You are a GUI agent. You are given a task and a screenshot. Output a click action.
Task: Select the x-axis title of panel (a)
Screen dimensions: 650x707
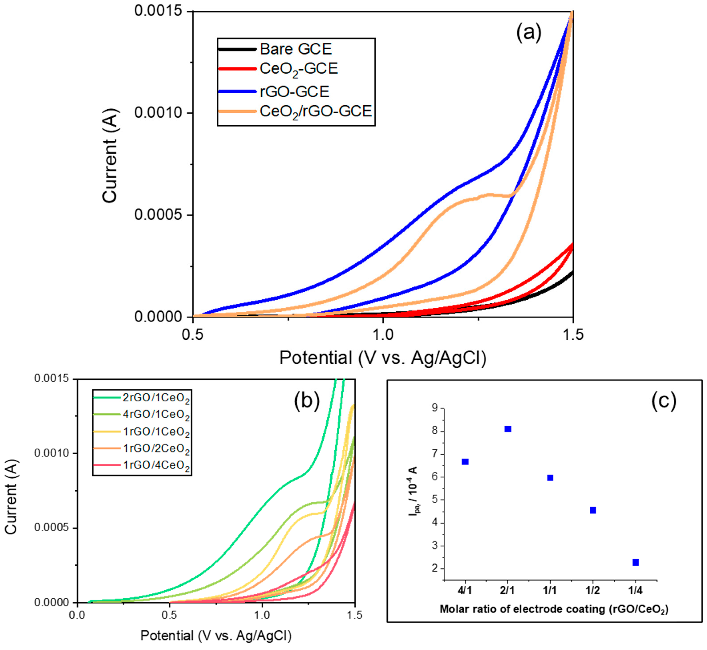pos(383,358)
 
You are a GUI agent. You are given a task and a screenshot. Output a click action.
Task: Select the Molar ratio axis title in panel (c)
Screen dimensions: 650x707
pos(554,609)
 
